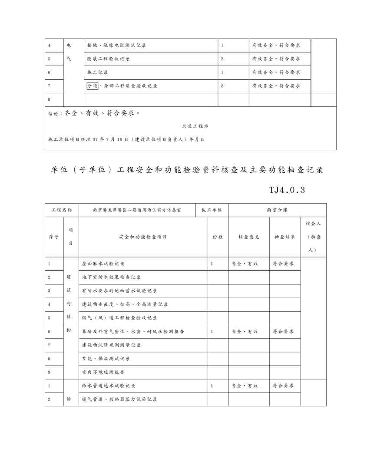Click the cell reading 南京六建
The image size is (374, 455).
[277, 210]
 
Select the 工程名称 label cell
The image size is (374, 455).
[61, 210]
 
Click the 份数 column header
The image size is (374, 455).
[218, 237]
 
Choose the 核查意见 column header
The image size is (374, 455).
[248, 237]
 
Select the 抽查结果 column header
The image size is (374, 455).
[285, 237]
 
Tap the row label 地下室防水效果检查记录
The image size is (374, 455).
[111, 277]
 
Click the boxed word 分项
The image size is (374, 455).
[93, 86]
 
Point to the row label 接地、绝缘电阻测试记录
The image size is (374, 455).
[116, 45]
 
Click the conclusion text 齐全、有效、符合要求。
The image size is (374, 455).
[103, 114]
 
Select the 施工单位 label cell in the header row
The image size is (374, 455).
[212, 210]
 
